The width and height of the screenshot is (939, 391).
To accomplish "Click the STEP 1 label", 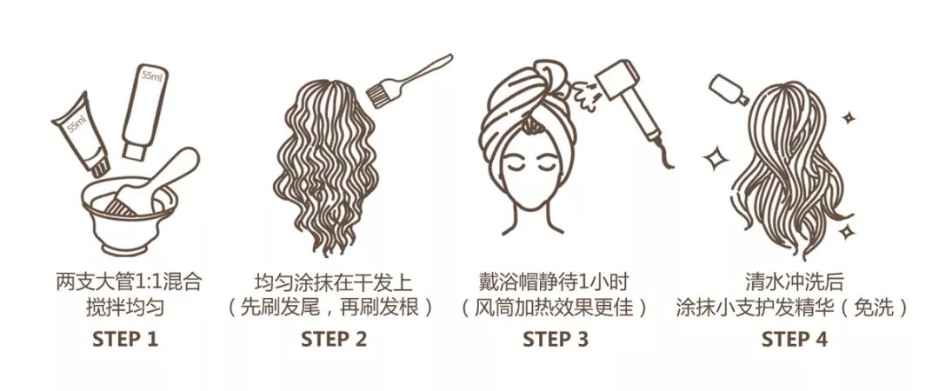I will click(125, 339).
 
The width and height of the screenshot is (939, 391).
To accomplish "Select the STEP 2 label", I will click(334, 339).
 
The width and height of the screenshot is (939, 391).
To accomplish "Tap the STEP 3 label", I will click(556, 339).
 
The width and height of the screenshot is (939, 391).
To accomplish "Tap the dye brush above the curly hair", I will click(409, 83).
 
